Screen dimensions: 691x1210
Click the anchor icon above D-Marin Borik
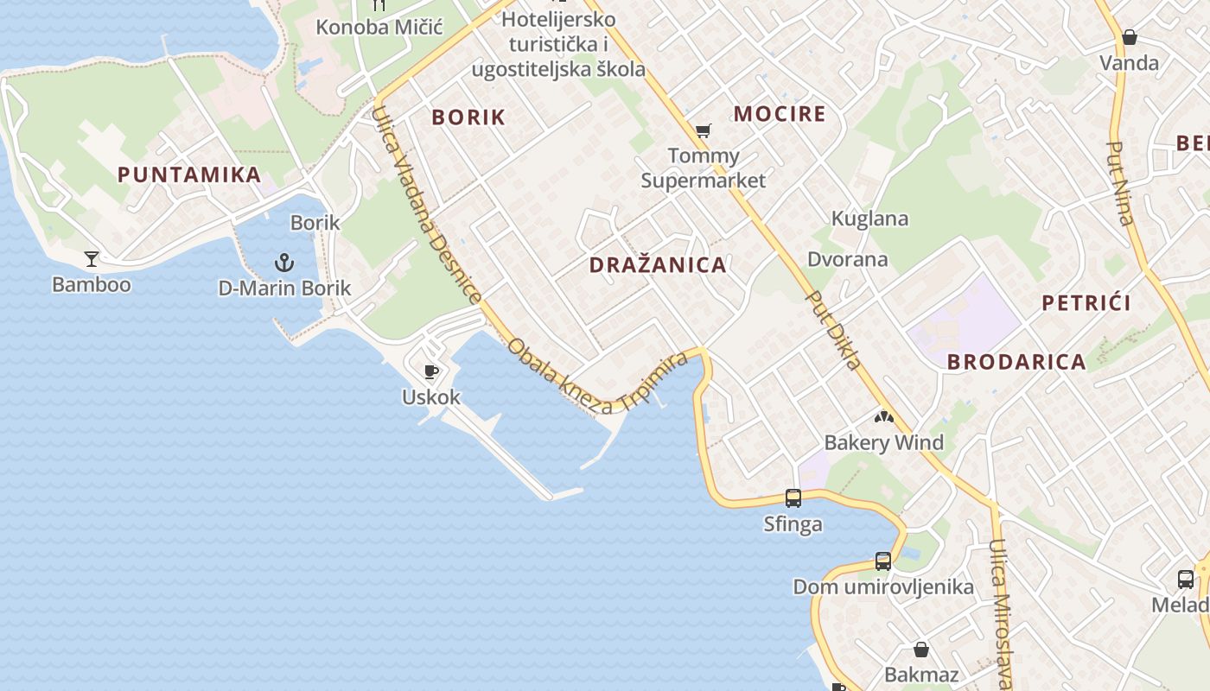click(283, 262)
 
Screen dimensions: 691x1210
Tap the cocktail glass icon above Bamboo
click(91, 258)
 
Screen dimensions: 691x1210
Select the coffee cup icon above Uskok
click(431, 372)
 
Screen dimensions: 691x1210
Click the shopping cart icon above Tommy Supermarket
click(703, 131)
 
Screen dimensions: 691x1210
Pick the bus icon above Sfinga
click(793, 498)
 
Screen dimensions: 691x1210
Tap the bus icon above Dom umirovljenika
click(882, 561)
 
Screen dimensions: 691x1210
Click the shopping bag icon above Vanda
click(1129, 38)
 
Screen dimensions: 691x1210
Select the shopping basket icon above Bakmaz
click(921, 650)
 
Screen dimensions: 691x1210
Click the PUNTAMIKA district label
click(189, 174)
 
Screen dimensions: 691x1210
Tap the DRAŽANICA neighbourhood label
click(658, 265)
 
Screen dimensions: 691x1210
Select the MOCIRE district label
click(780, 114)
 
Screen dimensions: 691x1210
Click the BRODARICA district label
click(1016, 362)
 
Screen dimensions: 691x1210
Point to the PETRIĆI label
click(1086, 303)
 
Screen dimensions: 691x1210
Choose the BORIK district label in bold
click(468, 117)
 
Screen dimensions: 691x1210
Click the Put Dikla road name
click(832, 331)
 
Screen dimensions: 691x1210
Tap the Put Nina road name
click(1119, 183)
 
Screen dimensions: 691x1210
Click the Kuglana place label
click(869, 219)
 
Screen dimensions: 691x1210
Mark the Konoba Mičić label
click(379, 27)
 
